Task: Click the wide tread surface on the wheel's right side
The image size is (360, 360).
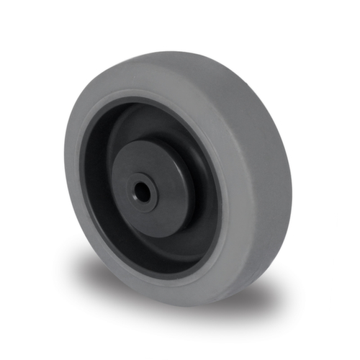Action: [270, 180]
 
